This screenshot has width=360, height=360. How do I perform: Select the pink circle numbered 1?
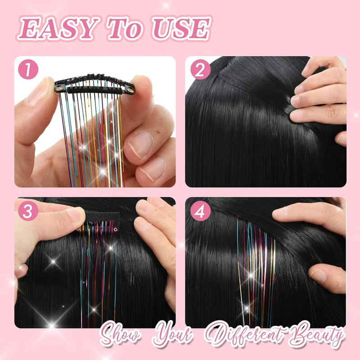click(28, 70)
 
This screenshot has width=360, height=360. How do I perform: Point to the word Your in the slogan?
click(173, 335)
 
